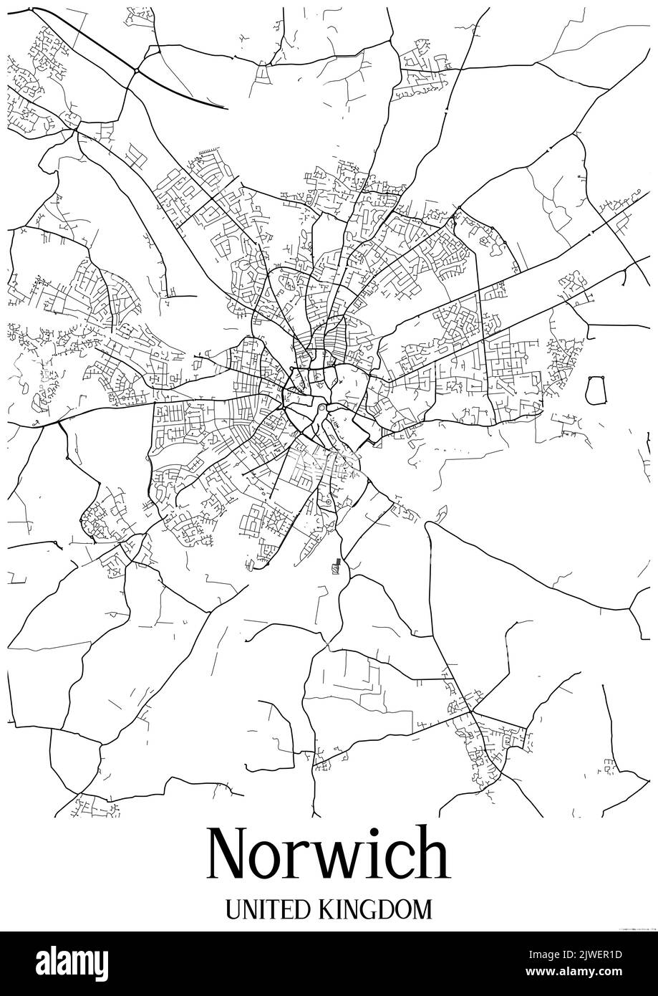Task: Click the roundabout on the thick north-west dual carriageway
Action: click(135, 70)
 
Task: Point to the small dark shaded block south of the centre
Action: click(334, 568)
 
